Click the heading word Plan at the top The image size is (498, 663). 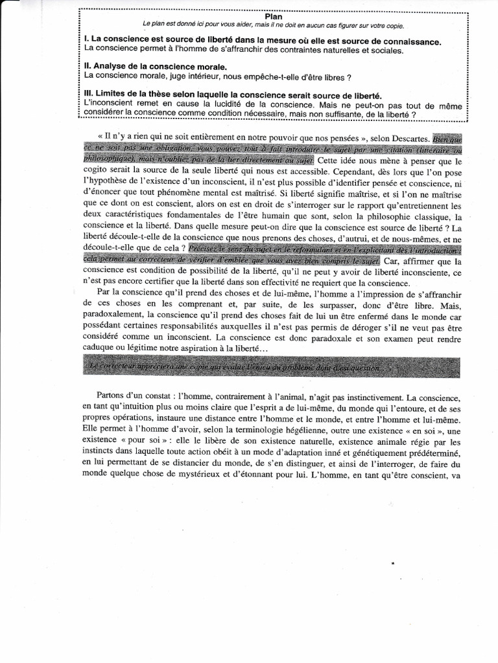pos(273,16)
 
